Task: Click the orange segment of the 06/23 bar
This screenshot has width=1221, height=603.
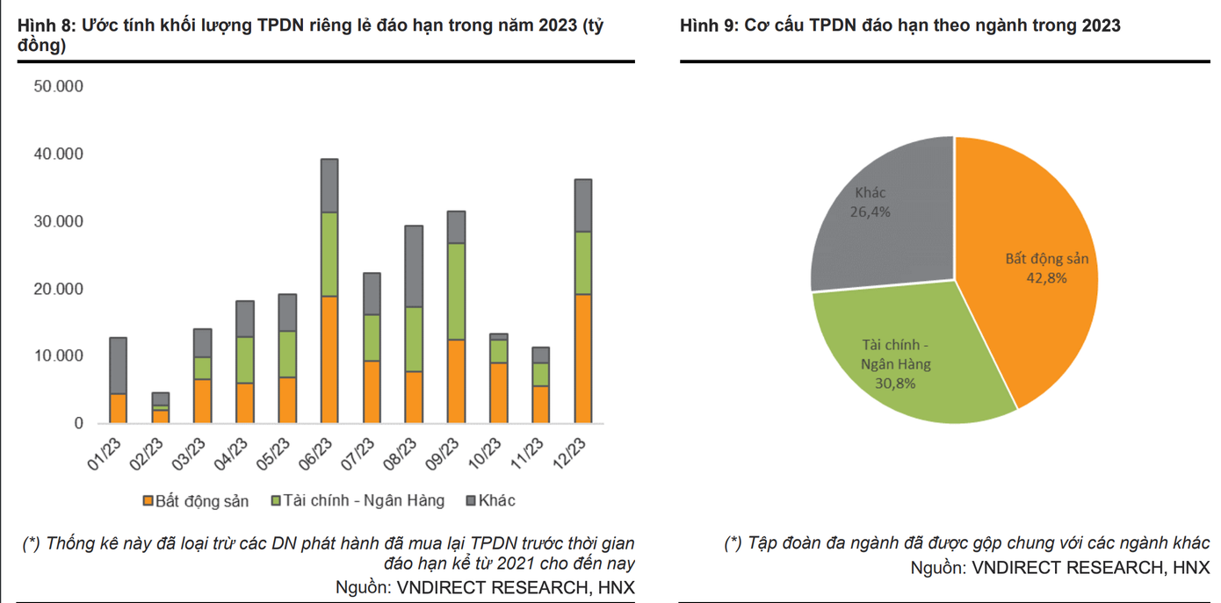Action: pyautogui.click(x=329, y=360)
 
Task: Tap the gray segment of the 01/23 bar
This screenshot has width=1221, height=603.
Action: pyautogui.click(x=118, y=365)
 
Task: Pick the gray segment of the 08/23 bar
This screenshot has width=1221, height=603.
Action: pyautogui.click(x=414, y=266)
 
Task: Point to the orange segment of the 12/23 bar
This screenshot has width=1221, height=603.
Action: pyautogui.click(x=583, y=358)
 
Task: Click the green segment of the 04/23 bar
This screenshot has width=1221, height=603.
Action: pyautogui.click(x=244, y=360)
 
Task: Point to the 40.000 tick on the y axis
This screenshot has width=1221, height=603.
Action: pyautogui.click(x=58, y=154)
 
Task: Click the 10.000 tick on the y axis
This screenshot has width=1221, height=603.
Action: pyautogui.click(x=58, y=356)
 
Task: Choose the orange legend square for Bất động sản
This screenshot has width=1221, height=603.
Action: pyautogui.click(x=148, y=501)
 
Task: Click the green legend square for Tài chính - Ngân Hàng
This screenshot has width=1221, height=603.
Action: pyautogui.click(x=276, y=501)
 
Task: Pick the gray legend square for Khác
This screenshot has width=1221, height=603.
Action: pyautogui.click(x=471, y=501)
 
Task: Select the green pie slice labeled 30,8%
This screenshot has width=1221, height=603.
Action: pyautogui.click(x=905, y=360)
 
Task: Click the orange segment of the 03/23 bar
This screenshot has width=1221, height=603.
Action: pyautogui.click(x=202, y=401)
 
